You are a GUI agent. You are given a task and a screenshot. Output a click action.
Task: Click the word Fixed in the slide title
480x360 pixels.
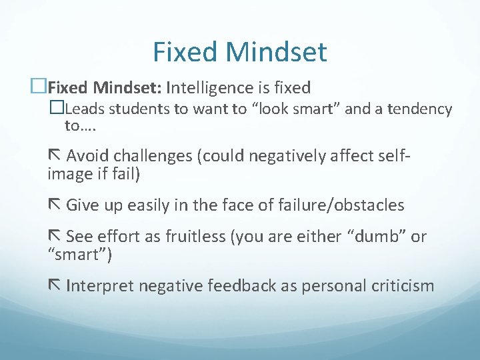pyautogui.click(x=184, y=52)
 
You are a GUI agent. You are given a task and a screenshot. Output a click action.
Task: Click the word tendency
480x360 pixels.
pyautogui.click(x=419, y=109)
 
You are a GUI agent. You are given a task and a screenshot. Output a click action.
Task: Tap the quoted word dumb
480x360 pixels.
pyautogui.click(x=369, y=237)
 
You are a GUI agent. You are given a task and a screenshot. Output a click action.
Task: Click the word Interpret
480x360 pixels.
pyautogui.click(x=103, y=286)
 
